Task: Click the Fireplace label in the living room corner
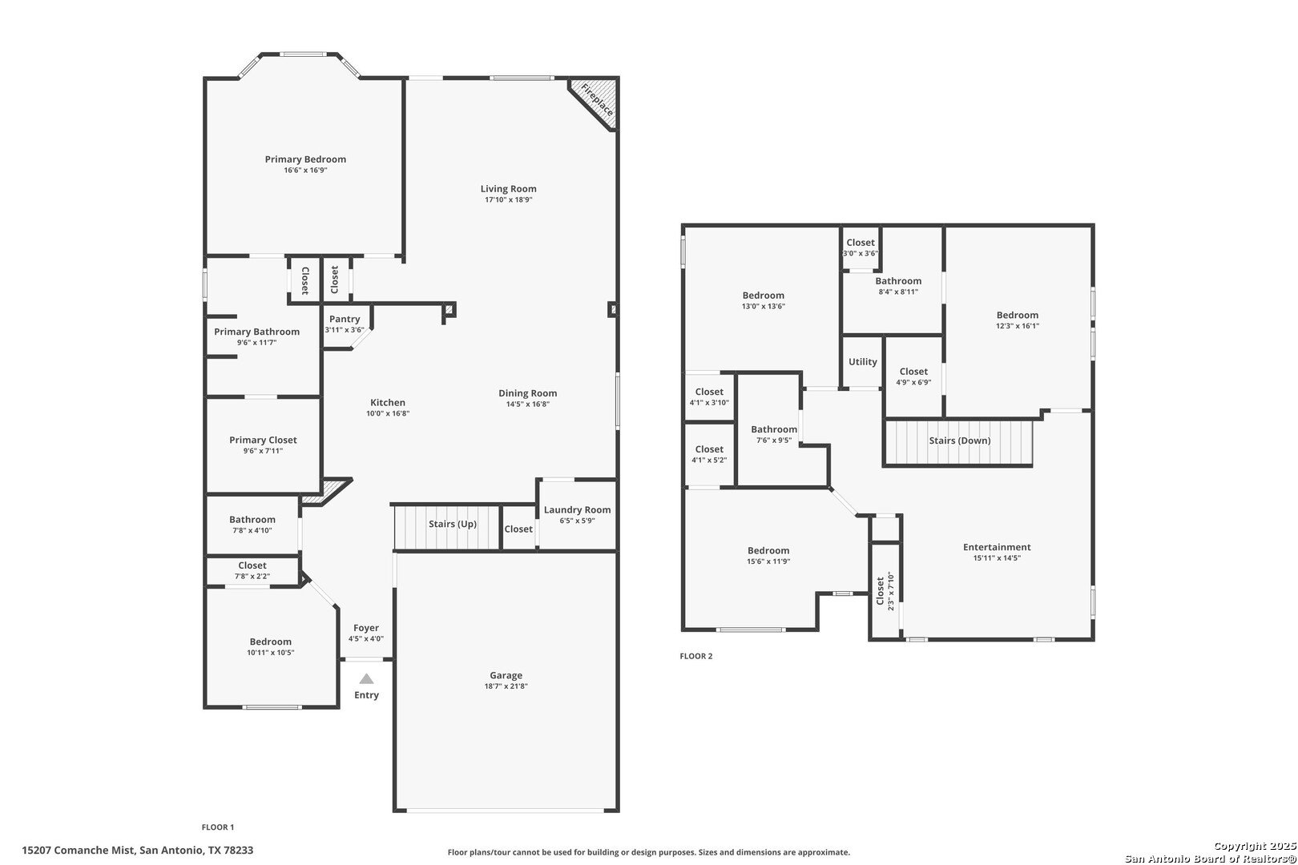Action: [597, 99]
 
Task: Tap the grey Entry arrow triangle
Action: [366, 678]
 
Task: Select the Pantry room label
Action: [345, 319]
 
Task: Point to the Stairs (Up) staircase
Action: [447, 527]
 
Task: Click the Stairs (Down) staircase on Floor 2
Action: [959, 443]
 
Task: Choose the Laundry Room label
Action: [577, 510]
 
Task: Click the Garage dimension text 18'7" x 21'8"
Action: [506, 686]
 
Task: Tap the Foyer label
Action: [366, 628]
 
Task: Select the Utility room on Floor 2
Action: [862, 361]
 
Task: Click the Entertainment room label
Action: [997, 547]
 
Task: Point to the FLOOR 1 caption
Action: [218, 827]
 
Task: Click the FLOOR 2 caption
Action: [696, 656]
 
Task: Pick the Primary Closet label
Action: [263, 441]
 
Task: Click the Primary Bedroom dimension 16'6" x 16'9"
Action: [305, 171]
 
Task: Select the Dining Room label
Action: [527, 393]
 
